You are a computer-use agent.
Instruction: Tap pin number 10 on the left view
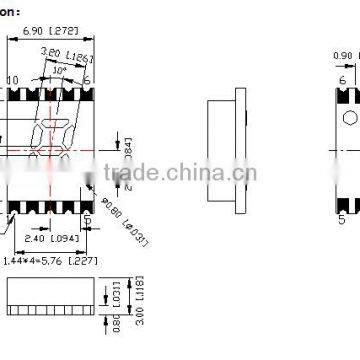point(13,80)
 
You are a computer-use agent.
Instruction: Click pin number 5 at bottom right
point(342,219)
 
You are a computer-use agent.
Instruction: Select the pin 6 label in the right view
point(342,80)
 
